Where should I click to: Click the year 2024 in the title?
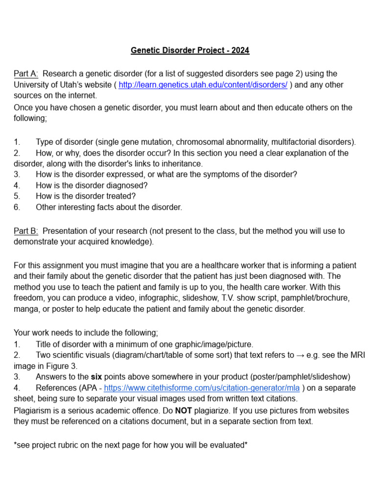240,50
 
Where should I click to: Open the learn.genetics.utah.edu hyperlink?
203,85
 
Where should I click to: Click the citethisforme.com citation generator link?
203,388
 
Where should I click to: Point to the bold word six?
96,377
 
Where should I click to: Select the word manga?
25,309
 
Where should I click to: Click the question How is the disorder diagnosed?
92,185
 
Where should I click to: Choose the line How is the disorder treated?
86,196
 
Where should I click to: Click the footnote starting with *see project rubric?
130,445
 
